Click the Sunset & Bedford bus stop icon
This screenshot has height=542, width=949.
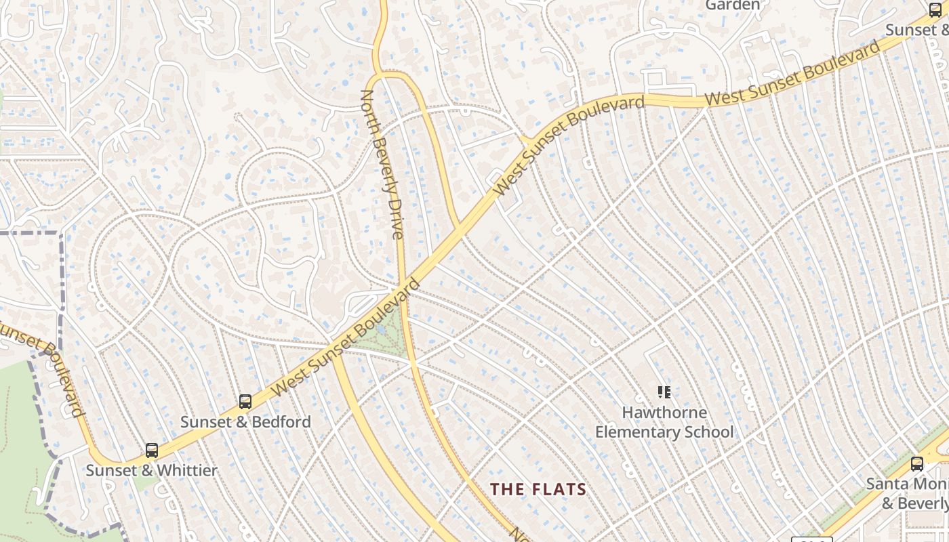click(245, 401)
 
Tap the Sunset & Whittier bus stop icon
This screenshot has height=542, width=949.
click(152, 450)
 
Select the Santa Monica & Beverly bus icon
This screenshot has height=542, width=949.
click(916, 464)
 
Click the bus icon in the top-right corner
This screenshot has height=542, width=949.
click(935, 10)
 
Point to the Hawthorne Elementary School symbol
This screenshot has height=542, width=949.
click(664, 392)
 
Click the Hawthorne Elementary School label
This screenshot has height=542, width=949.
click(664, 422)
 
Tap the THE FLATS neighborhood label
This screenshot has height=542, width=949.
click(538, 489)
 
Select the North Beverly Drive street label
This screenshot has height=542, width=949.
click(382, 165)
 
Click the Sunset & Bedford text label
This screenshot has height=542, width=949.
click(245, 422)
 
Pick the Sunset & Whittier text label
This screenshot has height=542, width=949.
click(152, 470)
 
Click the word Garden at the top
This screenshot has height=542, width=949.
click(733, 5)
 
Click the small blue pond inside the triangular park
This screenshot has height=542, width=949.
click(381, 330)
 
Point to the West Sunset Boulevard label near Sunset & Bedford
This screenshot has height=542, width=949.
click(346, 339)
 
